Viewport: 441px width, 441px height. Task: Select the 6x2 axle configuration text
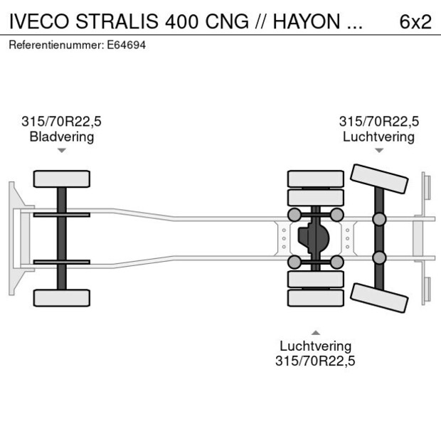(415, 21)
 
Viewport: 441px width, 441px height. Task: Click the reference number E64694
(126, 45)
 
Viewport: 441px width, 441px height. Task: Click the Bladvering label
(61, 137)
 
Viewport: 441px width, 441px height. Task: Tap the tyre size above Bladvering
(61, 122)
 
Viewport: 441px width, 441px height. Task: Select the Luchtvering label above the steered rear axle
(378, 137)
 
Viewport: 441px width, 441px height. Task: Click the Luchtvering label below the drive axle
(315, 346)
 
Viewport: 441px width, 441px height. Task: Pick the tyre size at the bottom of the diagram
(315, 361)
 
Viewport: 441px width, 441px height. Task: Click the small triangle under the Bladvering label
(62, 151)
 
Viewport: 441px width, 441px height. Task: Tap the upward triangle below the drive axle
(315, 332)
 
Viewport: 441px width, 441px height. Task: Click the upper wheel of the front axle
(62, 179)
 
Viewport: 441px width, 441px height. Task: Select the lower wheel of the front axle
(62, 297)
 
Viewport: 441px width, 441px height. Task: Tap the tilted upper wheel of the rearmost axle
(379, 179)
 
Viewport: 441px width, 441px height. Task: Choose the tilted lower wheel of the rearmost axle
(379, 297)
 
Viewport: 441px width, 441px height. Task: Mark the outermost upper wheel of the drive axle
(315, 178)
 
